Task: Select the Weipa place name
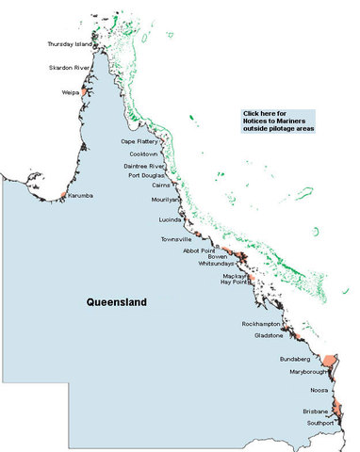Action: coord(71,92)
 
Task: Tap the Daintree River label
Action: coord(144,166)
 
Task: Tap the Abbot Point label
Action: coord(199,250)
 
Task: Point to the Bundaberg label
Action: coord(295,360)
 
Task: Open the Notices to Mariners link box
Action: coord(279,121)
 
